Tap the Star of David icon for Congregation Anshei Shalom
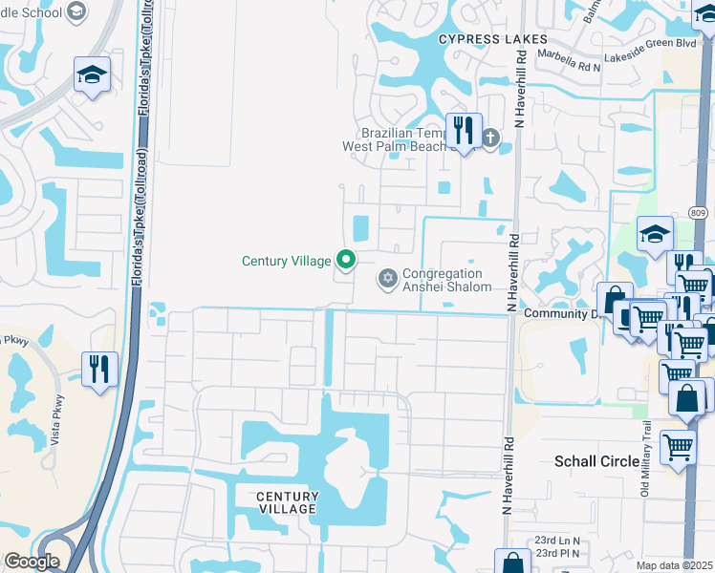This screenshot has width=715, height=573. tap(387, 278)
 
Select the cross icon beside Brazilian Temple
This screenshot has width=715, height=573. tap(490, 138)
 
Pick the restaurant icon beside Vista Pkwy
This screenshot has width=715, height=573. tap(99, 369)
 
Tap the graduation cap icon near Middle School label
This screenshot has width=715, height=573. tap(92, 75)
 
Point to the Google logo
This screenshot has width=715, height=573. tap(32, 562)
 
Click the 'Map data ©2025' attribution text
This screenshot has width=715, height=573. tap(674, 565)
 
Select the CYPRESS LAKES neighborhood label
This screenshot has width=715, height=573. tap(493, 39)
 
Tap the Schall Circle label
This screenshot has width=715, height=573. tap(597, 461)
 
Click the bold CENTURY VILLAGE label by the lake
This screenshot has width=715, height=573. tap(287, 502)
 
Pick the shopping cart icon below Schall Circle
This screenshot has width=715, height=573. tap(677, 446)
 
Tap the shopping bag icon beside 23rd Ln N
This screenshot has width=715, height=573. tap(512, 562)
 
